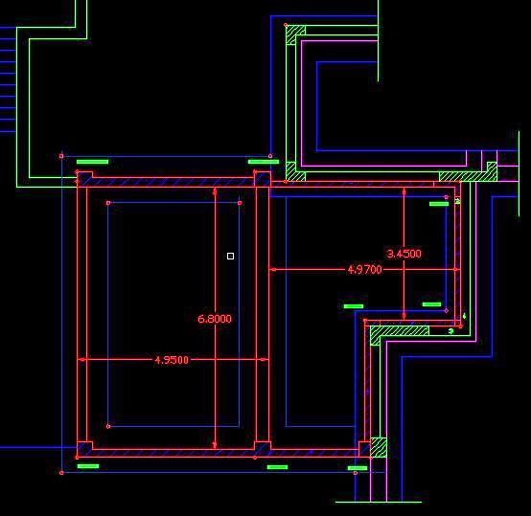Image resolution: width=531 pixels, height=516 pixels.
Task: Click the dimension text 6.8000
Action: click(215, 319)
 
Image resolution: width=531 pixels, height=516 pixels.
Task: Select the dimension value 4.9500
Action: click(172, 360)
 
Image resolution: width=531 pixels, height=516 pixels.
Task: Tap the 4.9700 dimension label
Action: click(365, 270)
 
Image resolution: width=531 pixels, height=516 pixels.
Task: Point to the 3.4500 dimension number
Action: click(404, 254)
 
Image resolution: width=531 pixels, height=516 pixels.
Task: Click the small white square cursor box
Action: click(230, 256)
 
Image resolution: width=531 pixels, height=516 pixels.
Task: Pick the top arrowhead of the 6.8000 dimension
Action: click(215, 191)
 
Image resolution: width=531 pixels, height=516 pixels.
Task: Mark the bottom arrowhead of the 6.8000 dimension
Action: click(215, 445)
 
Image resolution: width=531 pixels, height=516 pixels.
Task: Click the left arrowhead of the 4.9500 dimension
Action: click(82, 360)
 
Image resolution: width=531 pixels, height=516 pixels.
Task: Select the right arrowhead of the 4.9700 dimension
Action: click(456, 270)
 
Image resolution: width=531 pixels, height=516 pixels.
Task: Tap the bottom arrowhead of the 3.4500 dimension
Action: click(404, 316)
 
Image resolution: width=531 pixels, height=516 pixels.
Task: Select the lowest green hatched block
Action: click(379, 447)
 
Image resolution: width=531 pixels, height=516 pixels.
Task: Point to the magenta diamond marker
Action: click(447, 310)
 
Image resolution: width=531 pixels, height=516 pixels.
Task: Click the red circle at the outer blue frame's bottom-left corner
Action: click(61, 473)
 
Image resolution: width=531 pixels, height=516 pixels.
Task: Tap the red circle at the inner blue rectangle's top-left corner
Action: click(108, 203)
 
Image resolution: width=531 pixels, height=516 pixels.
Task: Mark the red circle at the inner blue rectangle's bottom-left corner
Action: click(108, 426)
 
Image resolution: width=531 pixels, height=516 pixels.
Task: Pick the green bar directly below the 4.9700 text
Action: click(354, 306)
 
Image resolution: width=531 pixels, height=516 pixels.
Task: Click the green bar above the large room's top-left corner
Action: click(92, 162)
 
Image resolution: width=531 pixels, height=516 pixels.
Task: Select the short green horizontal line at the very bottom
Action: click(379, 503)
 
